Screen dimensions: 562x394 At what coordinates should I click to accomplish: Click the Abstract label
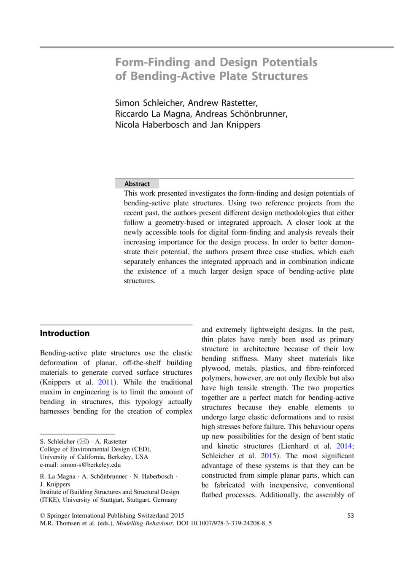click(137, 184)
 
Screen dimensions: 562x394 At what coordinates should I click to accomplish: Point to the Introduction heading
click(65, 333)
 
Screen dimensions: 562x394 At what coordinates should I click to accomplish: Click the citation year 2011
click(106, 382)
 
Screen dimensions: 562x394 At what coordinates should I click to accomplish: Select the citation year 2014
click(344, 446)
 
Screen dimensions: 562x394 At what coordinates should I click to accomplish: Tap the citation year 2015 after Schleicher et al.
click(268, 455)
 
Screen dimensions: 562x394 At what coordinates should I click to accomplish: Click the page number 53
click(350, 515)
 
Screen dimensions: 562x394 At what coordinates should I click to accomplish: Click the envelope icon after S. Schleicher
click(83, 441)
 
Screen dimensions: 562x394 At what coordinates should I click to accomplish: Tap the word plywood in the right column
click(215, 368)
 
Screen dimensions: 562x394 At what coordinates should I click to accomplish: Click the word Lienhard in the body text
click(294, 446)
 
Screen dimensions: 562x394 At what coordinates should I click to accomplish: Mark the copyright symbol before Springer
click(42, 515)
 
